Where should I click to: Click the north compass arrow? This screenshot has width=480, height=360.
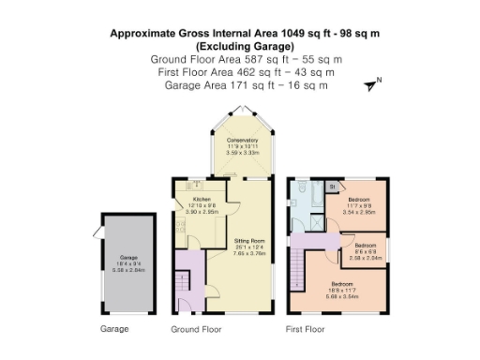click(373, 84)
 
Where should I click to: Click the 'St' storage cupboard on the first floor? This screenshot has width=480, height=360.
click(332, 187)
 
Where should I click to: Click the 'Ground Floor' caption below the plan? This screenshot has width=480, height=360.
click(196, 330)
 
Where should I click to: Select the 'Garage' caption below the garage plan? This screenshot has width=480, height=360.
click(114, 330)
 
